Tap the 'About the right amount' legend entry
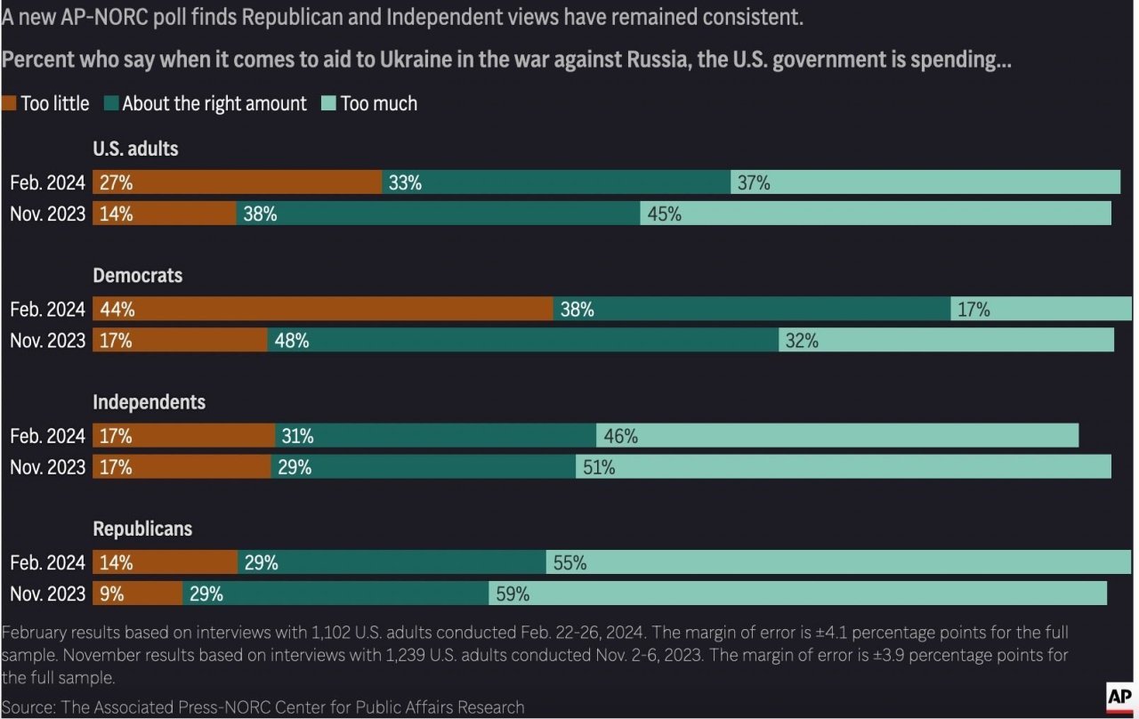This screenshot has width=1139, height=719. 206,104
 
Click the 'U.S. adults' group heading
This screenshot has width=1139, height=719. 135,149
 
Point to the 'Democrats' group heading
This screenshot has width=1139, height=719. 138,276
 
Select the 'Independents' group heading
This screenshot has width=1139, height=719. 149,402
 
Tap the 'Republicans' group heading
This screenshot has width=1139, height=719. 142,529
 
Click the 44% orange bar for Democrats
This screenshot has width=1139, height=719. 322,309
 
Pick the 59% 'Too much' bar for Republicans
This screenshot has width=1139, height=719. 797,594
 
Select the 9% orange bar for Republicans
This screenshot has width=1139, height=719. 137,594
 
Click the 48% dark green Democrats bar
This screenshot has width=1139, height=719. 522,340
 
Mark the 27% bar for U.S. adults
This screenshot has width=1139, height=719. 237,182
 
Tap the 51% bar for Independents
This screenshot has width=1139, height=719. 843,466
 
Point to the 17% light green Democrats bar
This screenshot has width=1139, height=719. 1040,309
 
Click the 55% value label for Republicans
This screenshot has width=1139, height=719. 569,562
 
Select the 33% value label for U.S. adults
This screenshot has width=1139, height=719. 405,183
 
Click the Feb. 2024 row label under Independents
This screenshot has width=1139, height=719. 48,436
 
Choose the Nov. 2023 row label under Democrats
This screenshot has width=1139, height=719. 48,340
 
